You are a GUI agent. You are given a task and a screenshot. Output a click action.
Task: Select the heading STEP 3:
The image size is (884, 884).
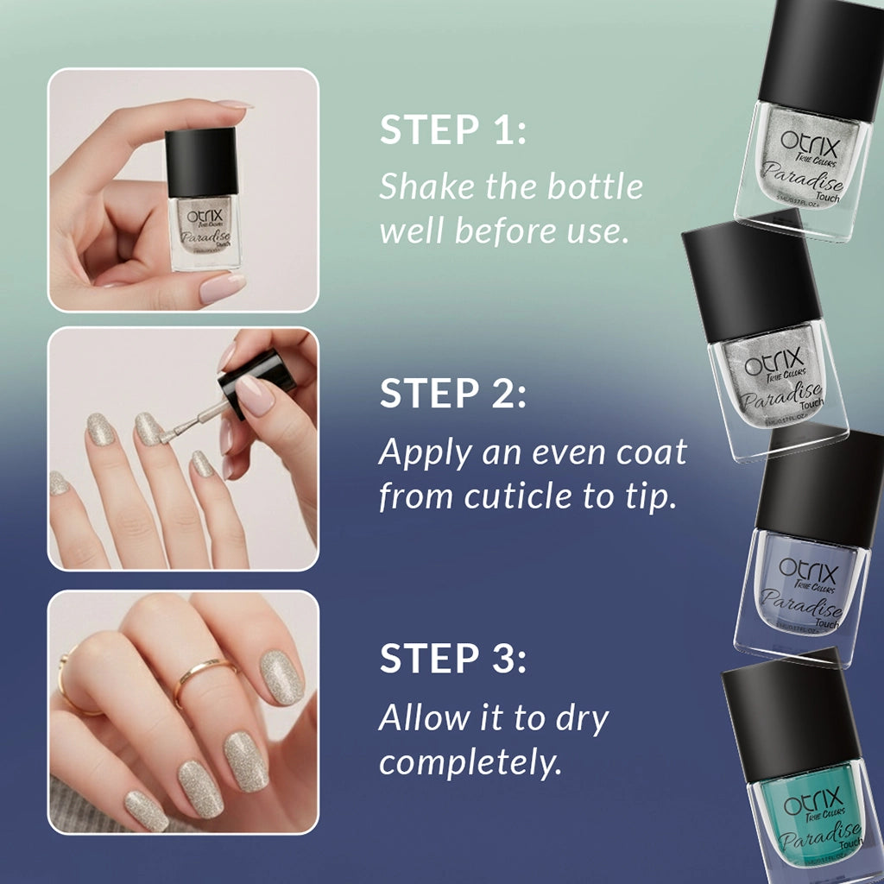452,658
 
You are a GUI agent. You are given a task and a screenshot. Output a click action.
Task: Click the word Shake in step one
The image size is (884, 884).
423,186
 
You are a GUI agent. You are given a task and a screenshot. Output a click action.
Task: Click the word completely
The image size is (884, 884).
470,762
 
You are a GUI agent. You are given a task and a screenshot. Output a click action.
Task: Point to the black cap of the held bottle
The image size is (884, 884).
201,161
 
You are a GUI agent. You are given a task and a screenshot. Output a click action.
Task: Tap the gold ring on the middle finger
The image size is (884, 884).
205,677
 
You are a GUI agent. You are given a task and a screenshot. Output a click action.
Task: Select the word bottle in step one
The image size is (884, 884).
599,186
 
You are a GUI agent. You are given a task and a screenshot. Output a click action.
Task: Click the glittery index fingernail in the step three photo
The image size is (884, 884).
281,677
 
